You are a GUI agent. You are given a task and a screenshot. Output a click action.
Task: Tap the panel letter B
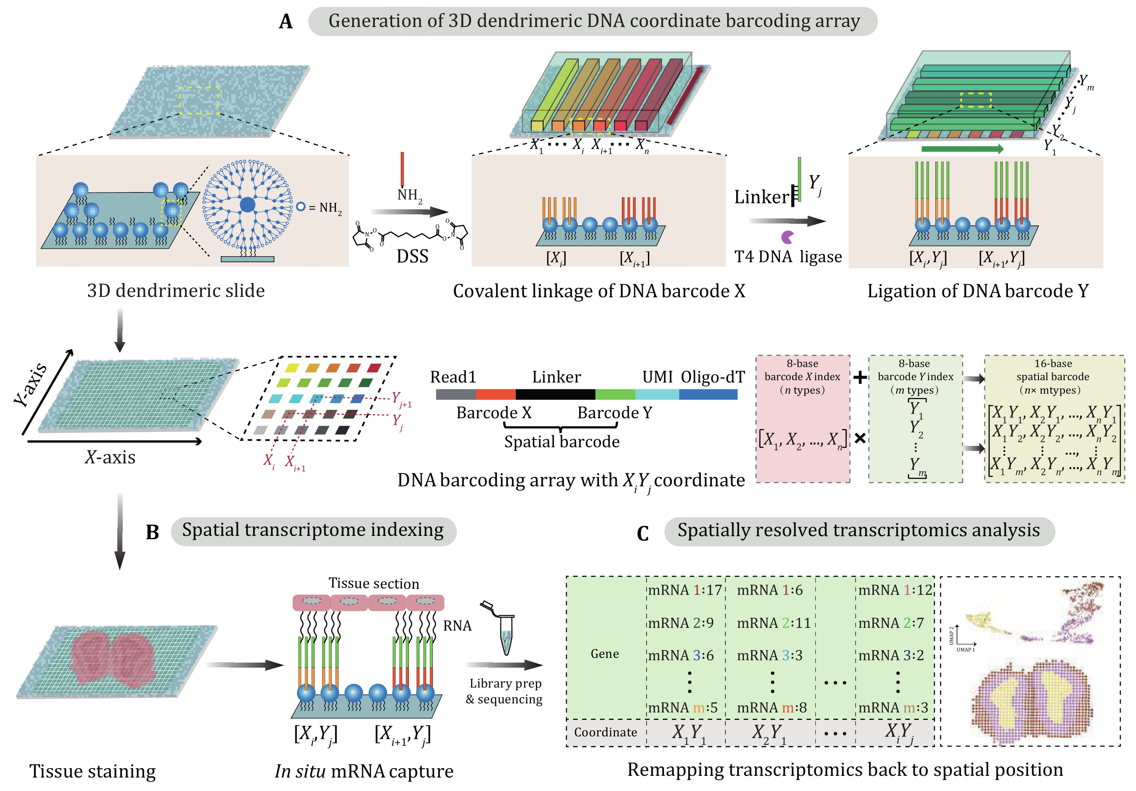[152, 532]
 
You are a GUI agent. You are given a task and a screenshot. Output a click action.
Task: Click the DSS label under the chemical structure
[412, 256]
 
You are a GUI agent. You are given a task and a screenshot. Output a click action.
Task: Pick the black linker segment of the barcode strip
[555, 394]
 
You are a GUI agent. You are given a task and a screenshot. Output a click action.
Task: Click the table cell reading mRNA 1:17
[685, 590]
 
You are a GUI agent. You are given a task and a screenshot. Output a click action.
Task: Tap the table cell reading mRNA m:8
[772, 708]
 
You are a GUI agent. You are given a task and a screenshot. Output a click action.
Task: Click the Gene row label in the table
[605, 654]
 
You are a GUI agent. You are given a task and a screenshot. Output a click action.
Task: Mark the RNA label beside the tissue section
[457, 626]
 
